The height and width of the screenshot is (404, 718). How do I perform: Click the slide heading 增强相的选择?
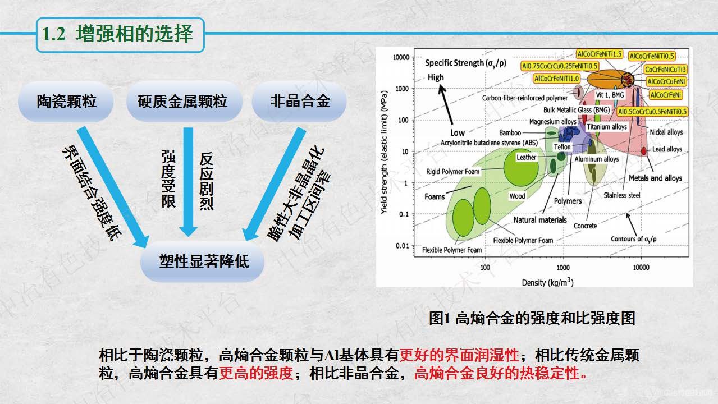(x=134, y=34)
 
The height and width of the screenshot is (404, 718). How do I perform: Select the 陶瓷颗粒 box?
(x=66, y=102)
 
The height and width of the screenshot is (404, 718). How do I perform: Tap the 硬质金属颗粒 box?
(x=183, y=102)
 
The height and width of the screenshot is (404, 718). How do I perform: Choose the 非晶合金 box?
(x=300, y=102)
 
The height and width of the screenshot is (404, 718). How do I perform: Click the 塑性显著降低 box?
(x=204, y=261)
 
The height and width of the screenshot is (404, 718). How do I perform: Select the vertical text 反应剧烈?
(x=207, y=180)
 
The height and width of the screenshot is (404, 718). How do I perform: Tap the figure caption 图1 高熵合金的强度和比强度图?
(x=532, y=318)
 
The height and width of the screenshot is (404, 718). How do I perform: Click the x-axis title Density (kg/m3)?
(x=547, y=282)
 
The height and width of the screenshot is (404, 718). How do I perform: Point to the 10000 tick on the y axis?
(x=400, y=57)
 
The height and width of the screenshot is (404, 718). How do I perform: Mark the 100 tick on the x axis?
(x=485, y=268)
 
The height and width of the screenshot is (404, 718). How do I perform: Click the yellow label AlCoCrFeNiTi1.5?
(x=599, y=54)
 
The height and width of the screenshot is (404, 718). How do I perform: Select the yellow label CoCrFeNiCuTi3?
(x=665, y=70)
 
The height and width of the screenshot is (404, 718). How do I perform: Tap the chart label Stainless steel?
(x=621, y=195)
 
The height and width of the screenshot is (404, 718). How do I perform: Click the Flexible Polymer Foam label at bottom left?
(x=452, y=250)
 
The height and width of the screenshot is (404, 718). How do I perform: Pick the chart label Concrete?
(x=585, y=226)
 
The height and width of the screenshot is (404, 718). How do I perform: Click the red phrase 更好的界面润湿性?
(x=459, y=355)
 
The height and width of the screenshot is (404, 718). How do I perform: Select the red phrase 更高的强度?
(x=256, y=373)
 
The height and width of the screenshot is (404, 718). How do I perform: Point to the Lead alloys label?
(x=667, y=150)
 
